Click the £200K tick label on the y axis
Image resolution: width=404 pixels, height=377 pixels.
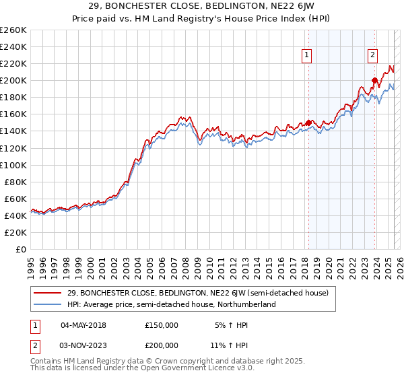(13, 80)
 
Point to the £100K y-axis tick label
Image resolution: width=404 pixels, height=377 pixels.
(13, 165)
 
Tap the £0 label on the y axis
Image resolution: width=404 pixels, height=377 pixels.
(20, 249)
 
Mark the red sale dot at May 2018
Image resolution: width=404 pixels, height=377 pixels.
(308, 123)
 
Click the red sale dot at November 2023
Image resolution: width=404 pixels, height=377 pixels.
(374, 80)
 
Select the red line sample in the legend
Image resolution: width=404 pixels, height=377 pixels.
(47, 293)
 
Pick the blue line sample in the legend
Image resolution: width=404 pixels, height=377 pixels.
(47, 304)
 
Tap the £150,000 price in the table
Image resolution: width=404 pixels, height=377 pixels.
(162, 325)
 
